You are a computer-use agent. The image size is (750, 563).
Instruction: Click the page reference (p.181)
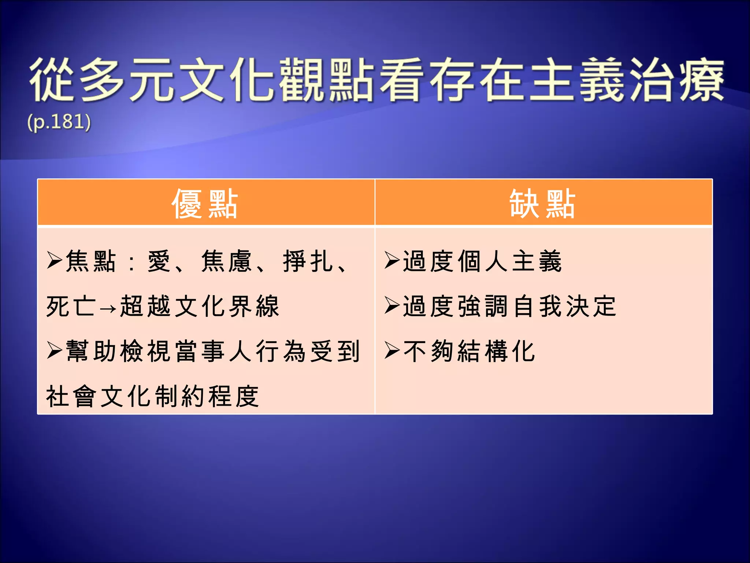pyautogui.click(x=59, y=122)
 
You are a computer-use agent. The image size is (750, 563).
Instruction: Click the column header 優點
pyautogui.click(x=205, y=204)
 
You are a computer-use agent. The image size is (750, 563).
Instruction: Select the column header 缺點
pyautogui.click(x=543, y=204)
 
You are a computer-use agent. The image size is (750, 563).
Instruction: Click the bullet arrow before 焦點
pyautogui.click(x=55, y=261)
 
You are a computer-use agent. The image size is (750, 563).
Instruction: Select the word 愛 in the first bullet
pyautogui.click(x=159, y=261)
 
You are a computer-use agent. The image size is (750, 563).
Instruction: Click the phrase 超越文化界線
pyautogui.click(x=200, y=306)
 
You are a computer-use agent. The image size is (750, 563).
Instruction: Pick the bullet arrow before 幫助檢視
pyautogui.click(x=55, y=351)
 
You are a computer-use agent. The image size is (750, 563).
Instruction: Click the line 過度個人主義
pyautogui.click(x=482, y=261)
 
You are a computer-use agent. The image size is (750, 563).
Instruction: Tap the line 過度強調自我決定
pyautogui.click(x=509, y=306)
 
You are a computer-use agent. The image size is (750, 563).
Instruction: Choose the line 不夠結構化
pyautogui.click(x=469, y=351)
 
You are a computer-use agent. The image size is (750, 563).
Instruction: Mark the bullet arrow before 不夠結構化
pyautogui.click(x=392, y=351)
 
